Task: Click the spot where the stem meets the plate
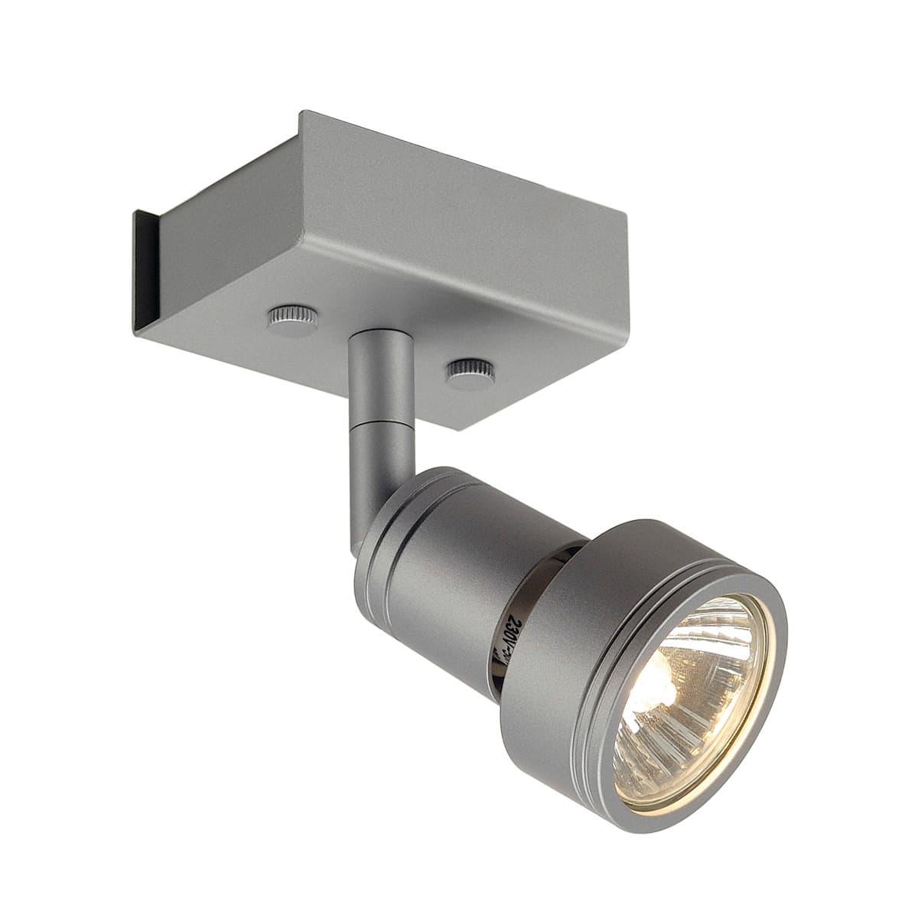(372, 337)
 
